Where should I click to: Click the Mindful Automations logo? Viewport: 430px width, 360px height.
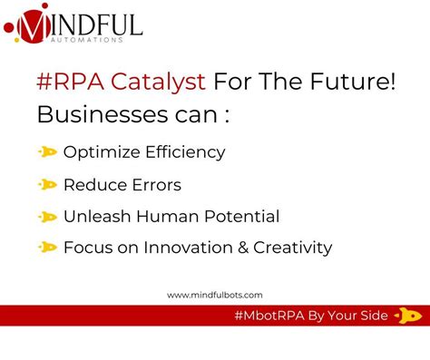point(73,24)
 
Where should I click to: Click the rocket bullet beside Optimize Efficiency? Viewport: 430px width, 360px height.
point(46,151)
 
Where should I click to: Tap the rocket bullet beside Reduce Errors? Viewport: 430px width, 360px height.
point(46,184)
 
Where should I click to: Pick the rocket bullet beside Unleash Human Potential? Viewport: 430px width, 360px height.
point(46,217)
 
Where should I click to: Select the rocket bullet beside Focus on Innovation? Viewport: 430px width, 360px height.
point(46,248)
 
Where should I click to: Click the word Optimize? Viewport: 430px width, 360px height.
point(97,151)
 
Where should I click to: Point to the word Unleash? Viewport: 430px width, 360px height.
point(93,217)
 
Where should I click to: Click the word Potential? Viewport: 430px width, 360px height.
point(239,217)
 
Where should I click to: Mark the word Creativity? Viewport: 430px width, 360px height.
point(294,248)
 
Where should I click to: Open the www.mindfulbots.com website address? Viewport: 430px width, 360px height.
point(215,294)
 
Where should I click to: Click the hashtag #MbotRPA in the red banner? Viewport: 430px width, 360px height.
point(271,316)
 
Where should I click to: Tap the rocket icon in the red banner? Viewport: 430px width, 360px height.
point(407,316)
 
